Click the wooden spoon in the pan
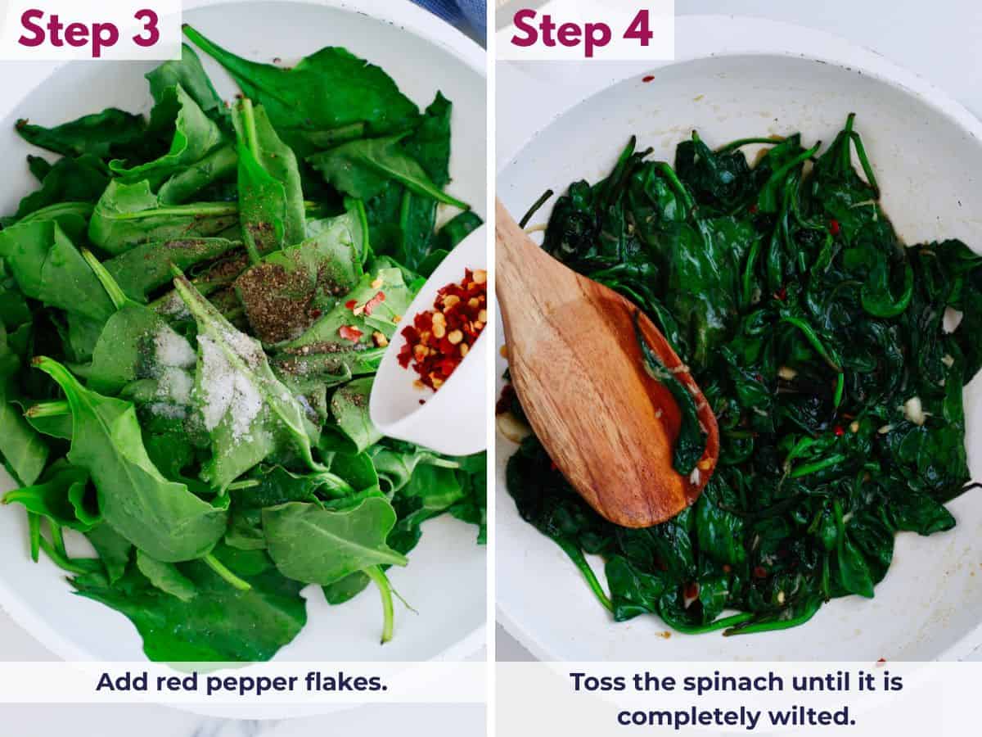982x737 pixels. click(589, 368)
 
